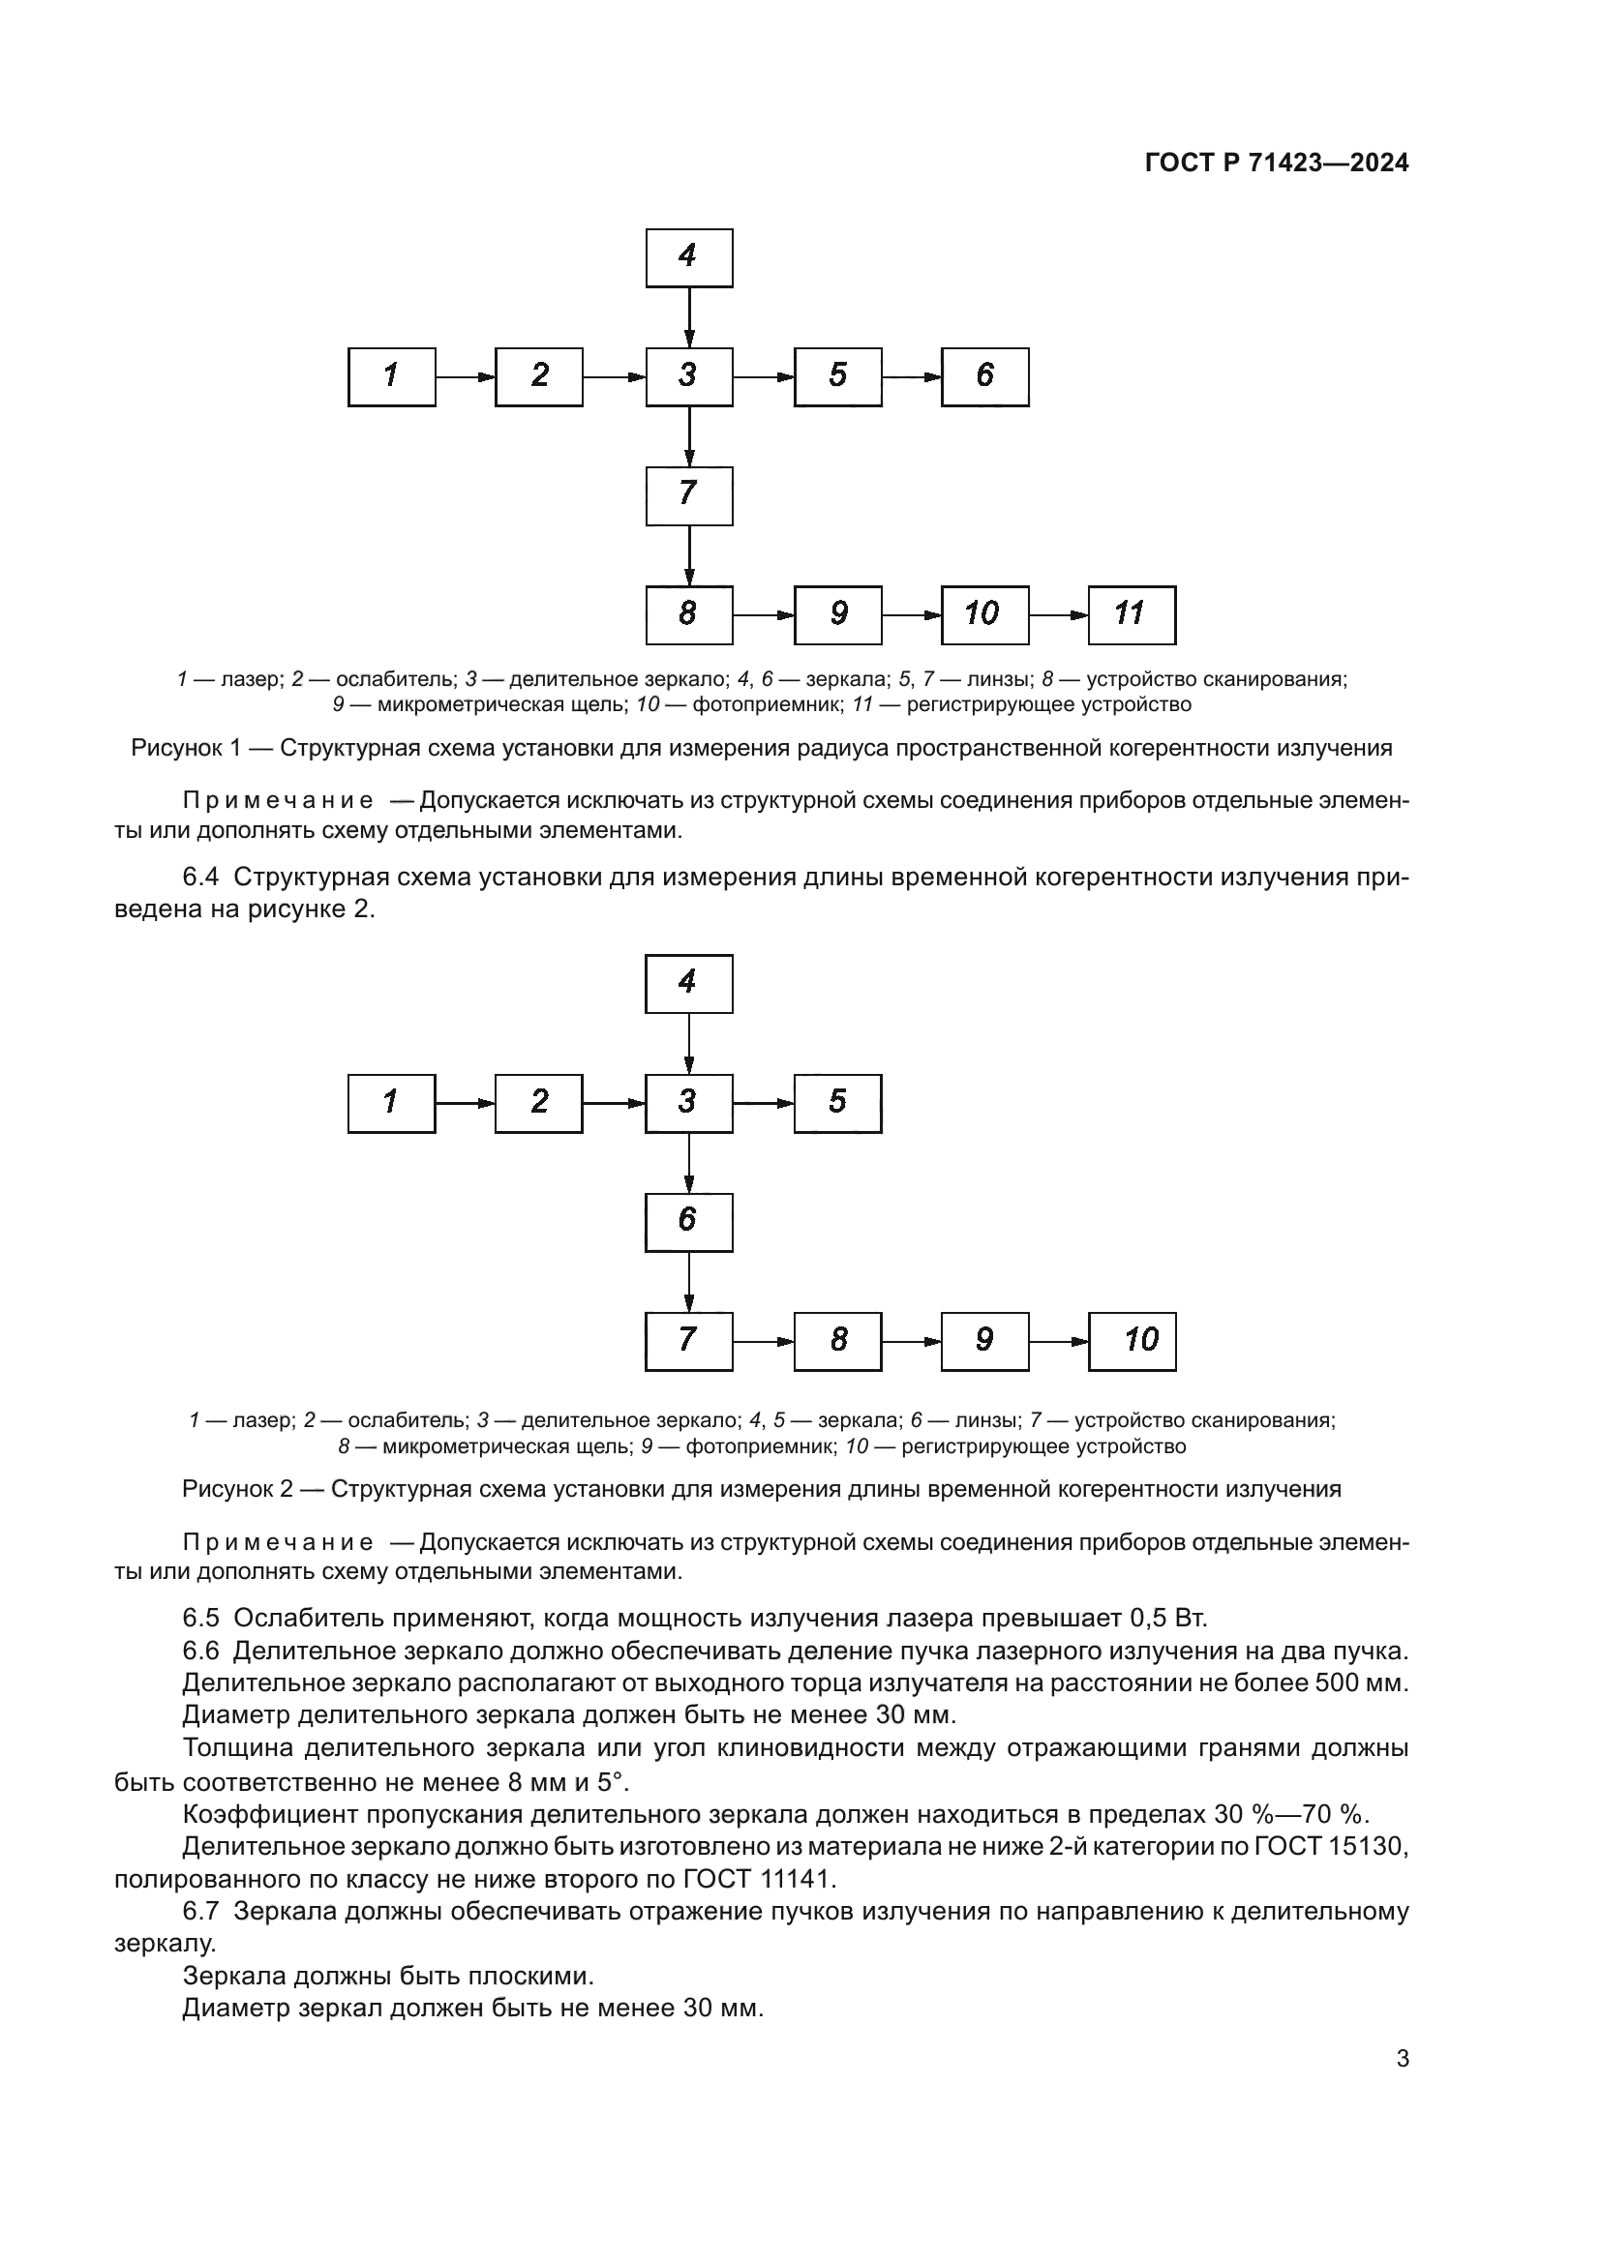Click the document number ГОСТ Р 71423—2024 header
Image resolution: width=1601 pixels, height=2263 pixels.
[x=1276, y=164]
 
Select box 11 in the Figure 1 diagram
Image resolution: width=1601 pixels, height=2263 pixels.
[x=1131, y=615]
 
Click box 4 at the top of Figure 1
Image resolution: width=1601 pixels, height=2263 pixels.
[x=688, y=258]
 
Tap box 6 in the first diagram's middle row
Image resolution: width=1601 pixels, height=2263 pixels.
[x=983, y=376]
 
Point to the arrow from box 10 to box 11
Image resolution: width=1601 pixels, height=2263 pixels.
[x=1058, y=615]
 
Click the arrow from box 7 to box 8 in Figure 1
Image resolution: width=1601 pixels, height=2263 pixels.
[x=688, y=555]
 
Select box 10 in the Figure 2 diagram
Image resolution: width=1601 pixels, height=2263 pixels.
[x=1131, y=1341]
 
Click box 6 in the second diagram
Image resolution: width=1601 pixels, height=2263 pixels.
[x=688, y=1222]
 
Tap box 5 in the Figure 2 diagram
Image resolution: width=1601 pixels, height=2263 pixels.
[x=837, y=1103]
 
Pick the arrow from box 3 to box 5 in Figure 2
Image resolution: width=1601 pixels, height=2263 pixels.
[x=763, y=1103]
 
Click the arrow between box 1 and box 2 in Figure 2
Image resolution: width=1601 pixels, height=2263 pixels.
[x=465, y=1103]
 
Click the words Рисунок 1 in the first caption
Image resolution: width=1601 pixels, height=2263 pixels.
[x=186, y=748]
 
